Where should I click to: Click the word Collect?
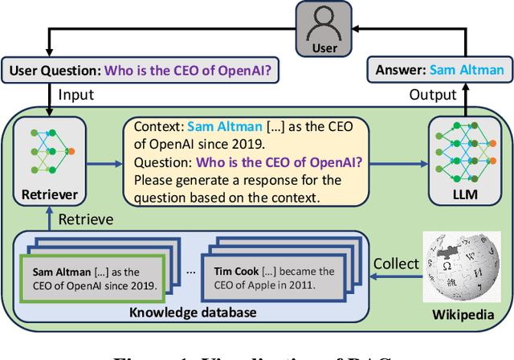(x=395, y=264)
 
